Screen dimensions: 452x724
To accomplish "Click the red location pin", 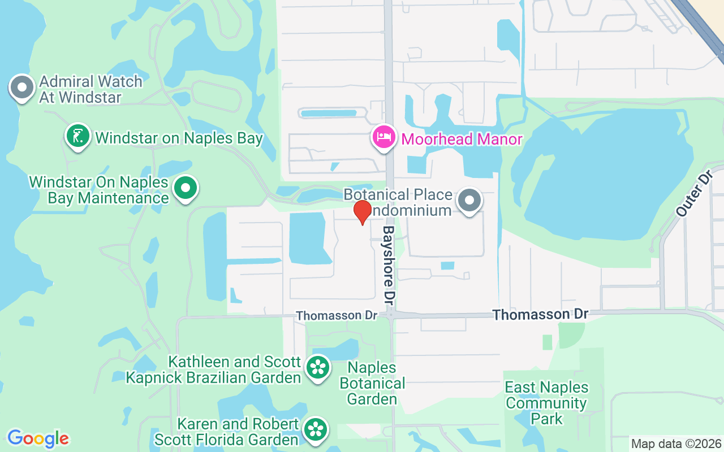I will coord(362,212).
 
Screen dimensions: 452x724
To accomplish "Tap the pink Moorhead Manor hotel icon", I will coord(384,137).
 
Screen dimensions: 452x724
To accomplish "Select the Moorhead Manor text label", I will coord(462,139).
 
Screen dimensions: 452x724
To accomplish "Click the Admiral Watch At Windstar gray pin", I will coord(23,88).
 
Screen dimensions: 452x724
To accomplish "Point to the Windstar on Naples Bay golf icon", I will coord(78,136).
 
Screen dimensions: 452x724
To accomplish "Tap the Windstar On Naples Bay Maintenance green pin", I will coord(185,188).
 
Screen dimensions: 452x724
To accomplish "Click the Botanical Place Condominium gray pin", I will coord(469,201).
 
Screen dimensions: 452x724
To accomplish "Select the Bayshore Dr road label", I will coord(389,263).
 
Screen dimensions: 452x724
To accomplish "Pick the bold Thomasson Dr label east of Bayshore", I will coord(540,314).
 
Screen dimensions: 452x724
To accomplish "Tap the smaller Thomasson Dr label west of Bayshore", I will coord(337,315).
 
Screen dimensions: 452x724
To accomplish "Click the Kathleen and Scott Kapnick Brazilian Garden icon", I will coord(318,368).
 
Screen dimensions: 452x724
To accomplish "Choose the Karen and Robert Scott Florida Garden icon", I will coord(315,430).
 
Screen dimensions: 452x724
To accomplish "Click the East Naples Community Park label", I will coord(546,403).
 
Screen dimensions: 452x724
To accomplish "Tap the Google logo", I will coord(38,438).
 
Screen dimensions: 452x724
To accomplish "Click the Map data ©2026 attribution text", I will coord(676,444).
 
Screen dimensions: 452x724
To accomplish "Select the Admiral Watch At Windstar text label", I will coord(90,89).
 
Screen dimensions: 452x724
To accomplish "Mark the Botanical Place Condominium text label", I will coord(398,202).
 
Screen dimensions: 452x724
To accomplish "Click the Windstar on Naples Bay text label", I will coord(179,138).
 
